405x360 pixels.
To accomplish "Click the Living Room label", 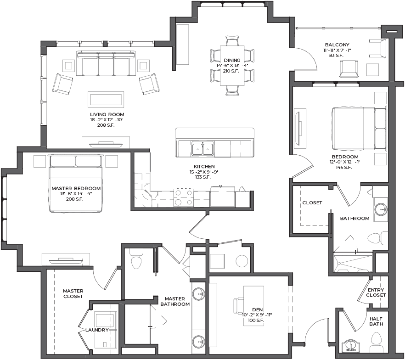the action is [107, 114].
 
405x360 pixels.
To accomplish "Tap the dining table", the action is [232, 65].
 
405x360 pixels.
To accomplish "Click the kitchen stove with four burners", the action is [184, 198].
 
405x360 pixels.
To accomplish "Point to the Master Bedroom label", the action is [76, 188].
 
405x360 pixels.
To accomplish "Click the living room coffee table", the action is [106, 100].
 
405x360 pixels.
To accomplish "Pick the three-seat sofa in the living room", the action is [106, 63].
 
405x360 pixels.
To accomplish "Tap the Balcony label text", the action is [337, 45].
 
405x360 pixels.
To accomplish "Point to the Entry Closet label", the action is [376, 292].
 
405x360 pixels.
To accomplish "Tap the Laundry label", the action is [97, 330].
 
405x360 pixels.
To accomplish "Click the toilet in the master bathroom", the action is [137, 259].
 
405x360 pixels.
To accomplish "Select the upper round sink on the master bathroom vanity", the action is [199, 294].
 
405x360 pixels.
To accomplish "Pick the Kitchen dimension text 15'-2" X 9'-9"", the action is [204, 172].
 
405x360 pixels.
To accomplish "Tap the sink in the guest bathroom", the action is [381, 208].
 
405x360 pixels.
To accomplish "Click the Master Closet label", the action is [73, 293].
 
